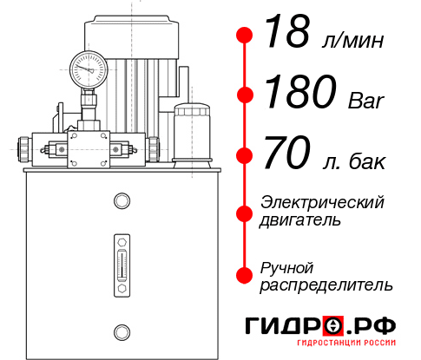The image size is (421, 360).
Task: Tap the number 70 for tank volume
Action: click(287, 154)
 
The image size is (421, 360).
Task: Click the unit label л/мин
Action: click(351, 40)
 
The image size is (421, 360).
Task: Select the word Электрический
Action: click(322, 201)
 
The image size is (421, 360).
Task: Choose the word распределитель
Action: click(326, 284)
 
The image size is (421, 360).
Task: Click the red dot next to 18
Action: click(245, 35)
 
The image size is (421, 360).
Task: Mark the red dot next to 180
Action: click(245, 95)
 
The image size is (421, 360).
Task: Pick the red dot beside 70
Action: click(245, 155)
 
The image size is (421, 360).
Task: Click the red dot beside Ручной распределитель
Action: click(245, 274)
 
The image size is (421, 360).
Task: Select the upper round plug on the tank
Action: click(121, 202)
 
